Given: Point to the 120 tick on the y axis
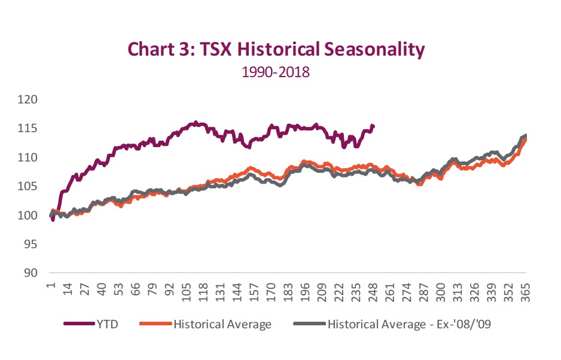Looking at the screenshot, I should point(28,99).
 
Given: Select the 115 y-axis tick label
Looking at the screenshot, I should point(28,129).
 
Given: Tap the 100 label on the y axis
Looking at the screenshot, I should point(28,215).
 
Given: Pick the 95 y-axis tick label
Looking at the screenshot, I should point(31,245).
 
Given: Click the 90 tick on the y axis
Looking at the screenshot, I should point(31,273).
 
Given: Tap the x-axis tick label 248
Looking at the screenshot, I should point(375,289).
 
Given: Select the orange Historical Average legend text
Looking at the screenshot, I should point(222,324).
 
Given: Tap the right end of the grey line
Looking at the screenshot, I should point(526,136).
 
